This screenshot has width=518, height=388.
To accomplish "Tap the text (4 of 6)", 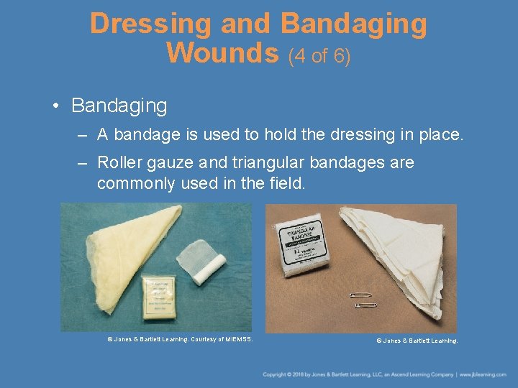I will click(319, 55).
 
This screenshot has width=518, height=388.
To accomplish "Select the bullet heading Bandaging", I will click(119, 106).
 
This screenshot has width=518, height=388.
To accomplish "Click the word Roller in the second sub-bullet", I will click(119, 162).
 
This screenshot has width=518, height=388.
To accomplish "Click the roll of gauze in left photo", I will click(206, 258).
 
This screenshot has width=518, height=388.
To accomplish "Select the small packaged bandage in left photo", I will click(163, 295).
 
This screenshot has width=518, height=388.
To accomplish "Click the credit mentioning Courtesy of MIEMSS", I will click(180, 338).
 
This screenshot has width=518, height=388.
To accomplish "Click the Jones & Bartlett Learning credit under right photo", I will click(417, 341).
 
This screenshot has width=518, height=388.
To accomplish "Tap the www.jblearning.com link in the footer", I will click(486, 374).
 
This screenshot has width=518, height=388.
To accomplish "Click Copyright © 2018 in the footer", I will click(285, 374).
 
